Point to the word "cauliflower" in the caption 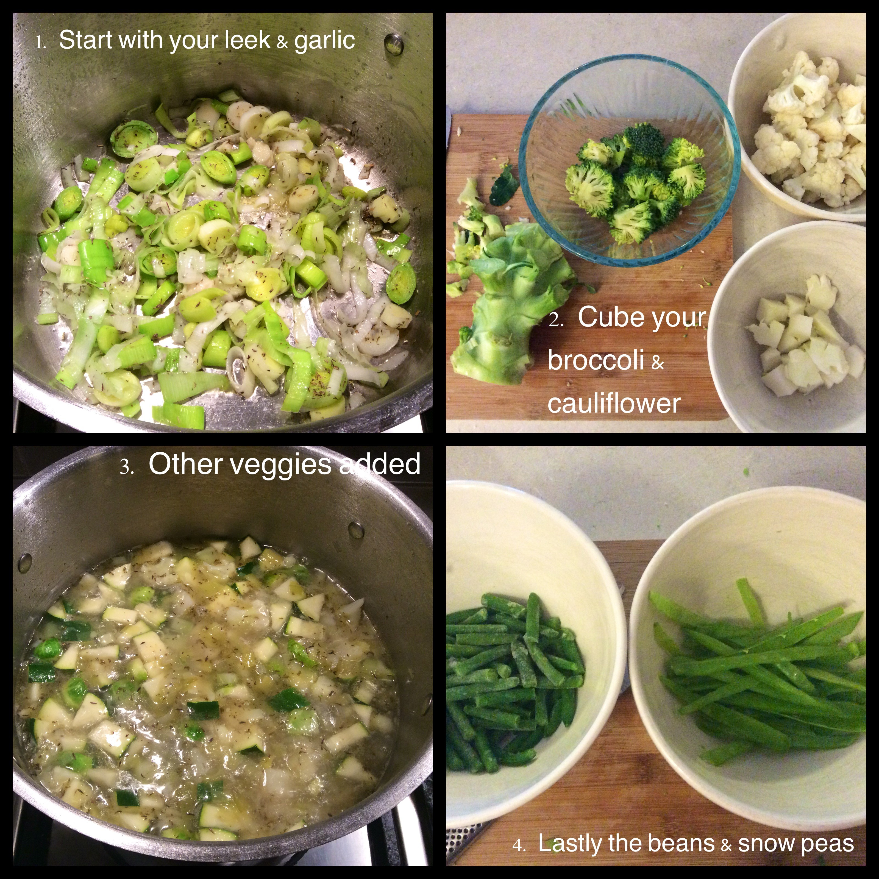pos(614,403)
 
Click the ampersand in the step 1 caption pos(283,43)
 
